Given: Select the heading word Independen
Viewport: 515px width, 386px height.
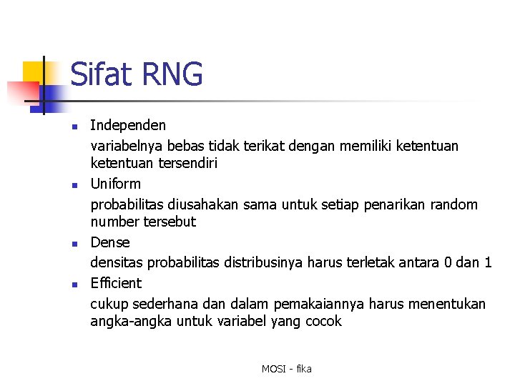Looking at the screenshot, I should tap(128, 126).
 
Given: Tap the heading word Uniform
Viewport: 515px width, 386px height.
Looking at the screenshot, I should tap(115, 184).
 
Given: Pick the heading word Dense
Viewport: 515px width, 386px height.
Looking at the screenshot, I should tap(110, 242).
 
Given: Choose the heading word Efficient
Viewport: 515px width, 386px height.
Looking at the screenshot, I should tap(116, 283).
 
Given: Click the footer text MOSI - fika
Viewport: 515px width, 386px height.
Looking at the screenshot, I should tap(286, 369).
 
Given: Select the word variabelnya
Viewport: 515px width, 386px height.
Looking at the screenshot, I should tap(128, 147).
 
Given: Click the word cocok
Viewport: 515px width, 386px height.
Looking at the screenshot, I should tap(323, 322).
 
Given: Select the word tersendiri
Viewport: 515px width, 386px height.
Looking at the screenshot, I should tap(185, 164).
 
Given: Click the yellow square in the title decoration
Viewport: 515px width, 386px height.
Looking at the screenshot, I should tap(34, 72).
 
